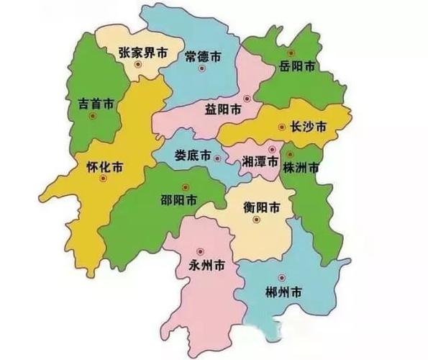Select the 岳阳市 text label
coord(297,66)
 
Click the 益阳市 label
coord(224,109)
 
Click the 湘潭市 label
coord(260,162)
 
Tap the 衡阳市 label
coord(262,207)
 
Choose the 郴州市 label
coord(283,292)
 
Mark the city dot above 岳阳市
coord(291,53)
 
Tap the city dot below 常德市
coord(202,69)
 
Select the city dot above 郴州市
coord(281,277)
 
